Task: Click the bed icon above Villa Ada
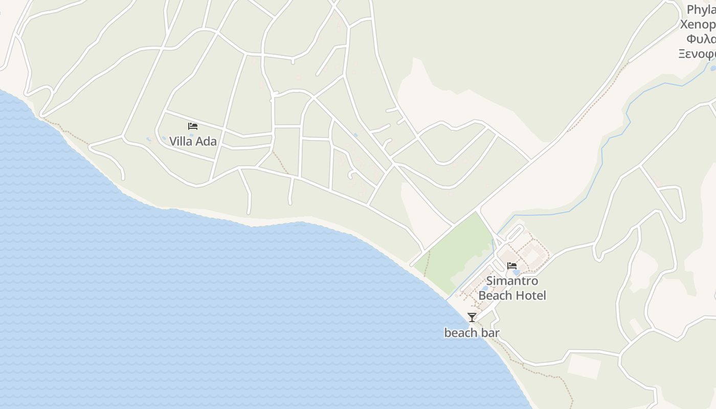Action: pyautogui.click(x=193, y=126)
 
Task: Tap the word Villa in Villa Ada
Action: pyautogui.click(x=180, y=142)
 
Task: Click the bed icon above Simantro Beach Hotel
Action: pyautogui.click(x=511, y=265)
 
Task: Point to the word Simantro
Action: pyautogui.click(x=512, y=281)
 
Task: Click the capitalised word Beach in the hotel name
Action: pyautogui.click(x=495, y=296)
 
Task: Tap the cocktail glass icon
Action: pyautogui.click(x=472, y=317)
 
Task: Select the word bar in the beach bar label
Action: pyautogui.click(x=488, y=333)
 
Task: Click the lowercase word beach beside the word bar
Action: pyautogui.click(x=460, y=333)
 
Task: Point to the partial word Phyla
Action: pyautogui.click(x=701, y=10)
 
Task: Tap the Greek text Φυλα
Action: pyautogui.click(x=701, y=39)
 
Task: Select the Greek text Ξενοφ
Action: pyautogui.click(x=697, y=54)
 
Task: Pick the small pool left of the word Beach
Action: pyautogui.click(x=484, y=288)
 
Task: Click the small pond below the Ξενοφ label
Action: pyautogui.click(x=712, y=67)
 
